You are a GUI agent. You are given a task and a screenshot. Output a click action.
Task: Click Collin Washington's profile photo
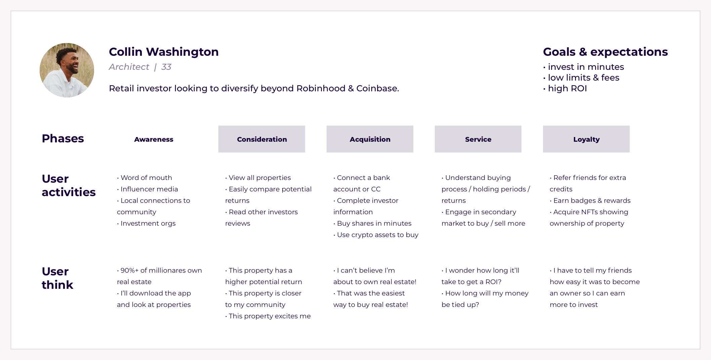pos(67,70)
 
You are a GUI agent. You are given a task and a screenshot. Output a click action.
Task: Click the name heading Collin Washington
pos(164,52)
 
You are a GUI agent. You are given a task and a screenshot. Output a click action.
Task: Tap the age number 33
pos(166,67)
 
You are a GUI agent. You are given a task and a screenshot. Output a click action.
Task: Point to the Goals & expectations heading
pos(605,52)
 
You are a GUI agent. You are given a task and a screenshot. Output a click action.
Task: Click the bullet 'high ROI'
pos(567,88)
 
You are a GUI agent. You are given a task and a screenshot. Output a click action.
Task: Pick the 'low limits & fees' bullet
pos(583,78)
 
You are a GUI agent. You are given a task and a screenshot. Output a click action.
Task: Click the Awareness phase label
pos(154,139)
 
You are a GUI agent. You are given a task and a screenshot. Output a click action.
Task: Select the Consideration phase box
pos(262,139)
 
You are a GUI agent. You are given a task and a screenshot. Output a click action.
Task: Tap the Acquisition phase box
pos(370,139)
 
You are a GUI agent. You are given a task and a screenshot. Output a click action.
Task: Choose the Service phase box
pos(478,139)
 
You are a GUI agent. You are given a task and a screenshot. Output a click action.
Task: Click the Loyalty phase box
pos(586,139)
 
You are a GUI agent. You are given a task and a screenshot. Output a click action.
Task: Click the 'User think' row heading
pos(57,278)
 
